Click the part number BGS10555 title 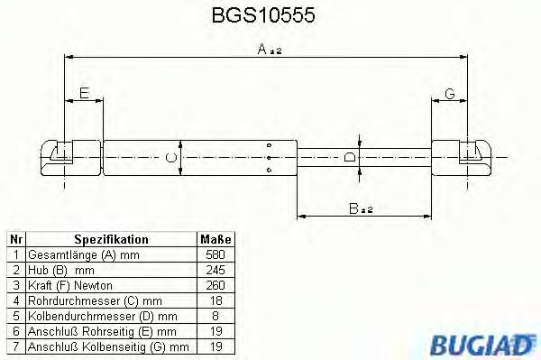click(x=263, y=14)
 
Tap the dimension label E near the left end click(x=84, y=93)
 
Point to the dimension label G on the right click(x=450, y=94)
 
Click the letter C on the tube click(x=171, y=158)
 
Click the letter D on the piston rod click(x=350, y=157)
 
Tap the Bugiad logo click(x=482, y=344)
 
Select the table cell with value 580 click(x=215, y=254)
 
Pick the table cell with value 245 click(x=215, y=270)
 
